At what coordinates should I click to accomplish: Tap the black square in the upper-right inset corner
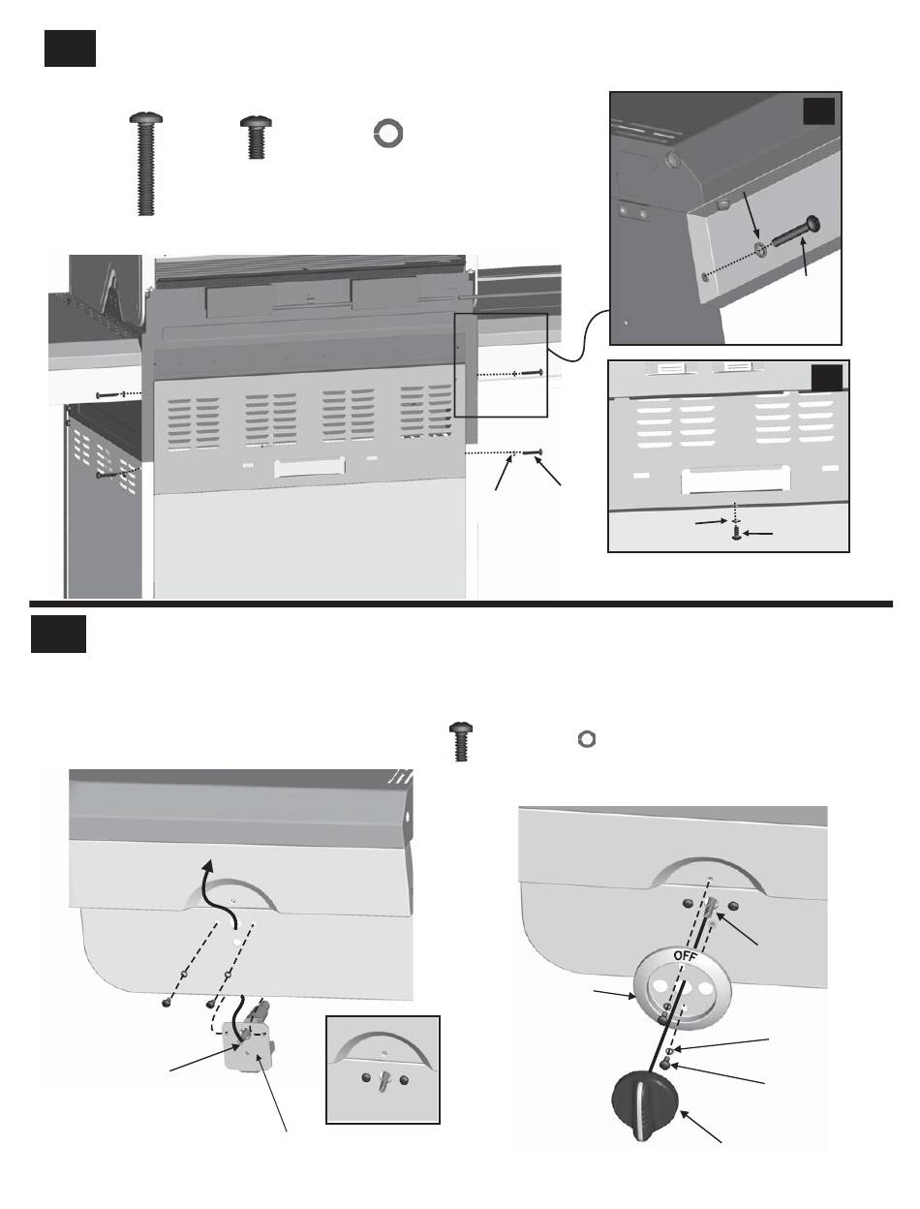(x=820, y=114)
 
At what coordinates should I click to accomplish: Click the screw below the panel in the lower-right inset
(x=738, y=532)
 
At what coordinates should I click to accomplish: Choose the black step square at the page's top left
(x=70, y=47)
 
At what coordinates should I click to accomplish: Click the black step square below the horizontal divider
(x=60, y=634)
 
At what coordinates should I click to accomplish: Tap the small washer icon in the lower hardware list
(x=586, y=738)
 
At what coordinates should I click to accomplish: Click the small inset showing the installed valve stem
(x=383, y=1069)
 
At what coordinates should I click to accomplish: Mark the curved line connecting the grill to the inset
(x=576, y=335)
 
